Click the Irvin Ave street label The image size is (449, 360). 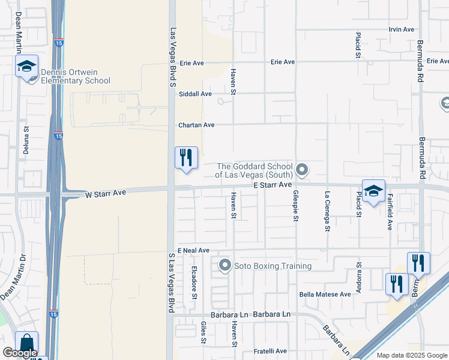402,29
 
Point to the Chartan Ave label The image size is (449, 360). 196,125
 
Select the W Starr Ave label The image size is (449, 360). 106,194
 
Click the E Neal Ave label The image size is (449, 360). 193,250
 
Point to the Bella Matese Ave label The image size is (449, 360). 325,295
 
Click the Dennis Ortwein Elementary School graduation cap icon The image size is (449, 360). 27,66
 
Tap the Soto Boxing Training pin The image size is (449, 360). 225,265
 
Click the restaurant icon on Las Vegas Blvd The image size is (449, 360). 186,158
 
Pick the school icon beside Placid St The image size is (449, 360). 373,191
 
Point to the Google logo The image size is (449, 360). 20,353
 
